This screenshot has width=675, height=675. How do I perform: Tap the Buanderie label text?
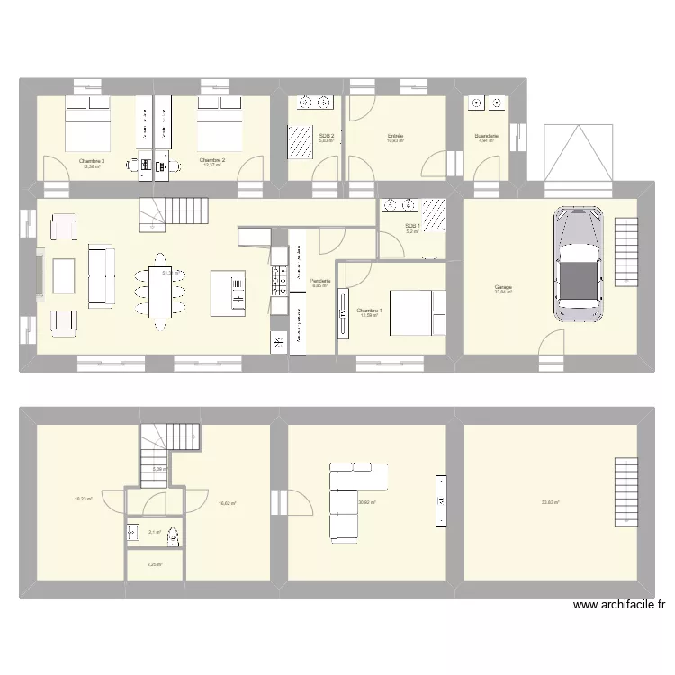(487, 137)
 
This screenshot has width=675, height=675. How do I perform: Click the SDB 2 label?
(326, 137)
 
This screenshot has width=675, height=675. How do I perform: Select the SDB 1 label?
(411, 226)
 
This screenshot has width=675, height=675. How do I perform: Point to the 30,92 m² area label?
(366, 503)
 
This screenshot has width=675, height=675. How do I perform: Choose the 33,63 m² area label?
(549, 503)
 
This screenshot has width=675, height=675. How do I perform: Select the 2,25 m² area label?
(154, 564)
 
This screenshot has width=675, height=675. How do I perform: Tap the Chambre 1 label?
(369, 310)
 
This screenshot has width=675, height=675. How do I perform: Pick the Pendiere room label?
(320, 281)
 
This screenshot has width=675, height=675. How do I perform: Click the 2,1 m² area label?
(154, 532)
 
